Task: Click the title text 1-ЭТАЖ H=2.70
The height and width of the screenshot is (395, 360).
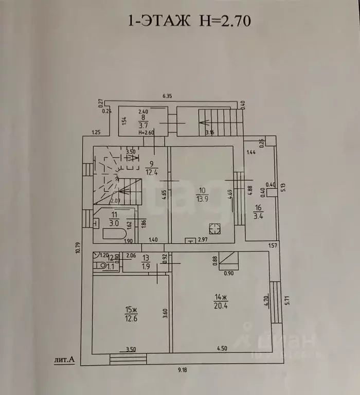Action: (189, 21)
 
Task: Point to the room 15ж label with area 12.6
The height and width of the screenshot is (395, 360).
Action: (131, 313)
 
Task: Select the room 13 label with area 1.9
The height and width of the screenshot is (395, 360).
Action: (146, 262)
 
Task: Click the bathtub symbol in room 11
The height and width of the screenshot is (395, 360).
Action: (114, 234)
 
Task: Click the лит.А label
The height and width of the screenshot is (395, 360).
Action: (64, 360)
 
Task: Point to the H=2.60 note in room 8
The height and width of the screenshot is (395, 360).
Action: (147, 133)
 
